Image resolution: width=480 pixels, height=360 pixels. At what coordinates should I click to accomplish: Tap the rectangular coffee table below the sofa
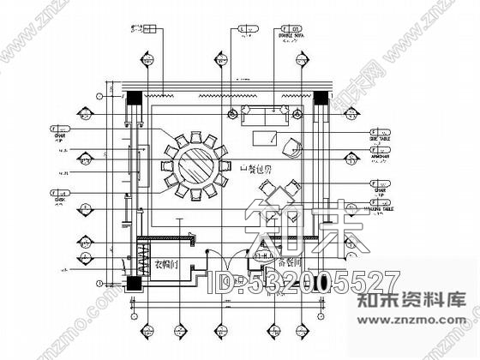click(267, 138)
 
